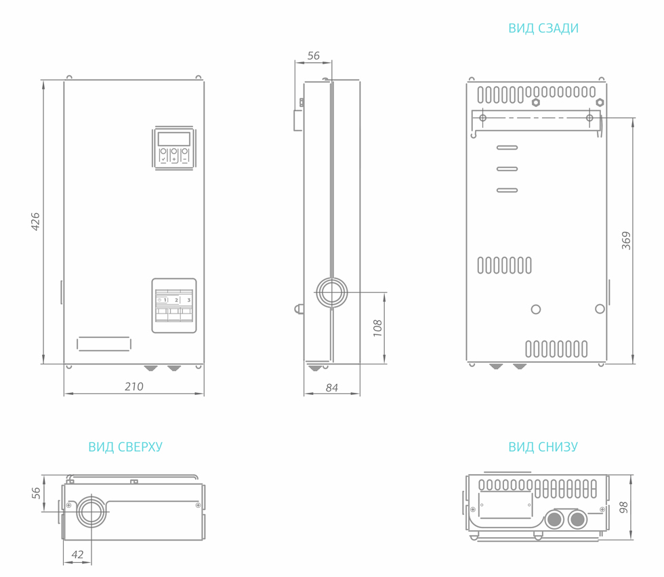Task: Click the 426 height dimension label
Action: pyautogui.click(x=36, y=221)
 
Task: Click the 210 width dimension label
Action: pyautogui.click(x=134, y=387)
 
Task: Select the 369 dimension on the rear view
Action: pyautogui.click(x=626, y=240)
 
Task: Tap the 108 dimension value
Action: pyautogui.click(x=378, y=328)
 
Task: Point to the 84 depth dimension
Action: pyautogui.click(x=332, y=388)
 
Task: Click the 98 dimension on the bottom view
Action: pyautogui.click(x=624, y=507)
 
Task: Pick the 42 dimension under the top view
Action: pyautogui.click(x=77, y=555)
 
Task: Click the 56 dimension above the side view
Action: pyautogui.click(x=313, y=56)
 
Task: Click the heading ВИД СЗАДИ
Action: pyautogui.click(x=543, y=28)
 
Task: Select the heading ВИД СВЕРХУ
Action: pyautogui.click(x=125, y=447)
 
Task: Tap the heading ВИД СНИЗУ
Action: pyautogui.click(x=543, y=447)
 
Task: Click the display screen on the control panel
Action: pyautogui.click(x=174, y=139)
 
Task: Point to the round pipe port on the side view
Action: pyautogui.click(x=332, y=293)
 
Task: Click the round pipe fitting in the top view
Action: pyautogui.click(x=91, y=511)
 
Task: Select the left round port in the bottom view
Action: pyautogui.click(x=554, y=520)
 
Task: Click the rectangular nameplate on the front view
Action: pyautogui.click(x=104, y=343)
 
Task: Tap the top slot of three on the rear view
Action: pyautogui.click(x=507, y=147)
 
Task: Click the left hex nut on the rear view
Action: pyautogui.click(x=536, y=103)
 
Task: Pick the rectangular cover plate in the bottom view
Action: pyautogui.click(x=505, y=505)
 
